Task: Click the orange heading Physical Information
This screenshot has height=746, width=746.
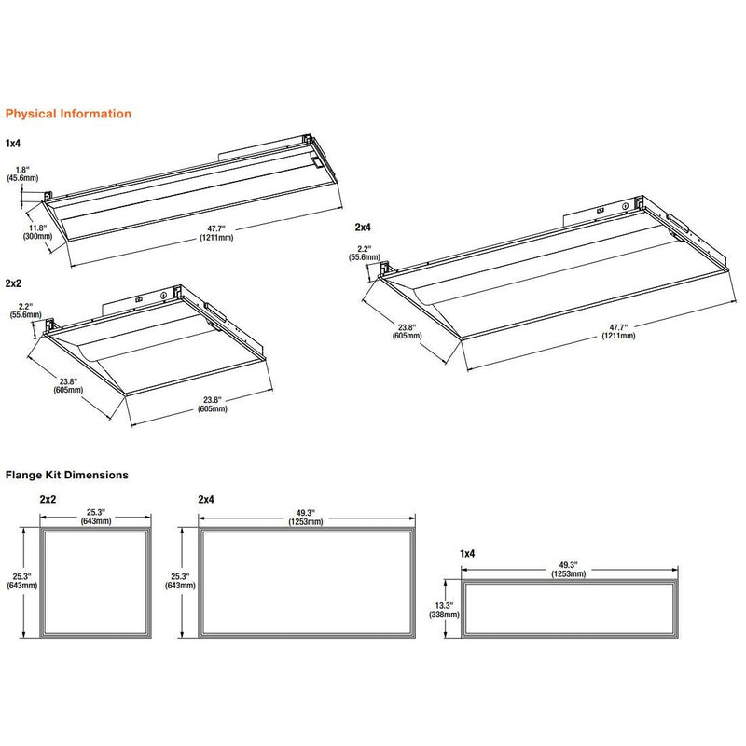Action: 68,114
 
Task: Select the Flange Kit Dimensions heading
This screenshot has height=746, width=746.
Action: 67,475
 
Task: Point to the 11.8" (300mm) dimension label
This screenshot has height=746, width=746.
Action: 37,232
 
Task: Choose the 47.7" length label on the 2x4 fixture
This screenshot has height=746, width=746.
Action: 614,330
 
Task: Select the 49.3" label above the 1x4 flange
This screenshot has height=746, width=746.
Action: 568,570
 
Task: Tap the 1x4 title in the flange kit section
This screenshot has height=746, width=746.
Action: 466,554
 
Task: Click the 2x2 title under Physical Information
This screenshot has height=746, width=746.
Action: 14,282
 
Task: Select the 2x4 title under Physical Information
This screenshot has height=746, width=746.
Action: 363,227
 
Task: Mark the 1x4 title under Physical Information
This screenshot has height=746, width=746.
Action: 13,144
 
